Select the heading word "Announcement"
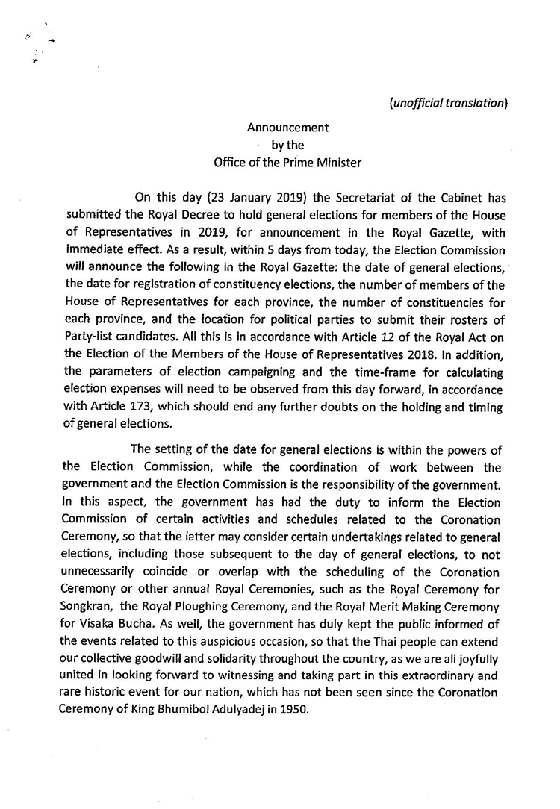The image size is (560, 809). tap(288, 128)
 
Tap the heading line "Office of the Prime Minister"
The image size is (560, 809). tap(287, 163)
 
